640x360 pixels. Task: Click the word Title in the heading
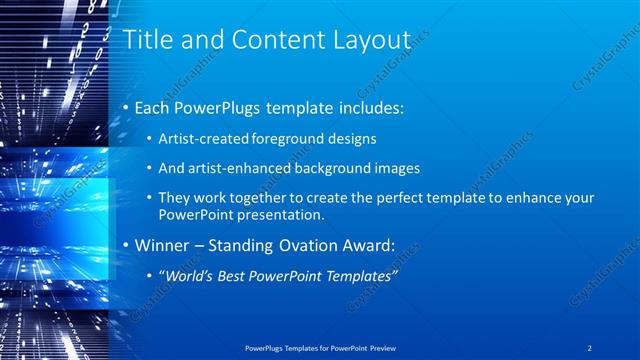coord(146,40)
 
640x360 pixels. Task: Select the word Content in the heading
coord(269,40)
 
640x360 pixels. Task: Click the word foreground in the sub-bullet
coord(280,139)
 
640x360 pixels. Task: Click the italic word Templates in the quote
coord(355,274)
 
